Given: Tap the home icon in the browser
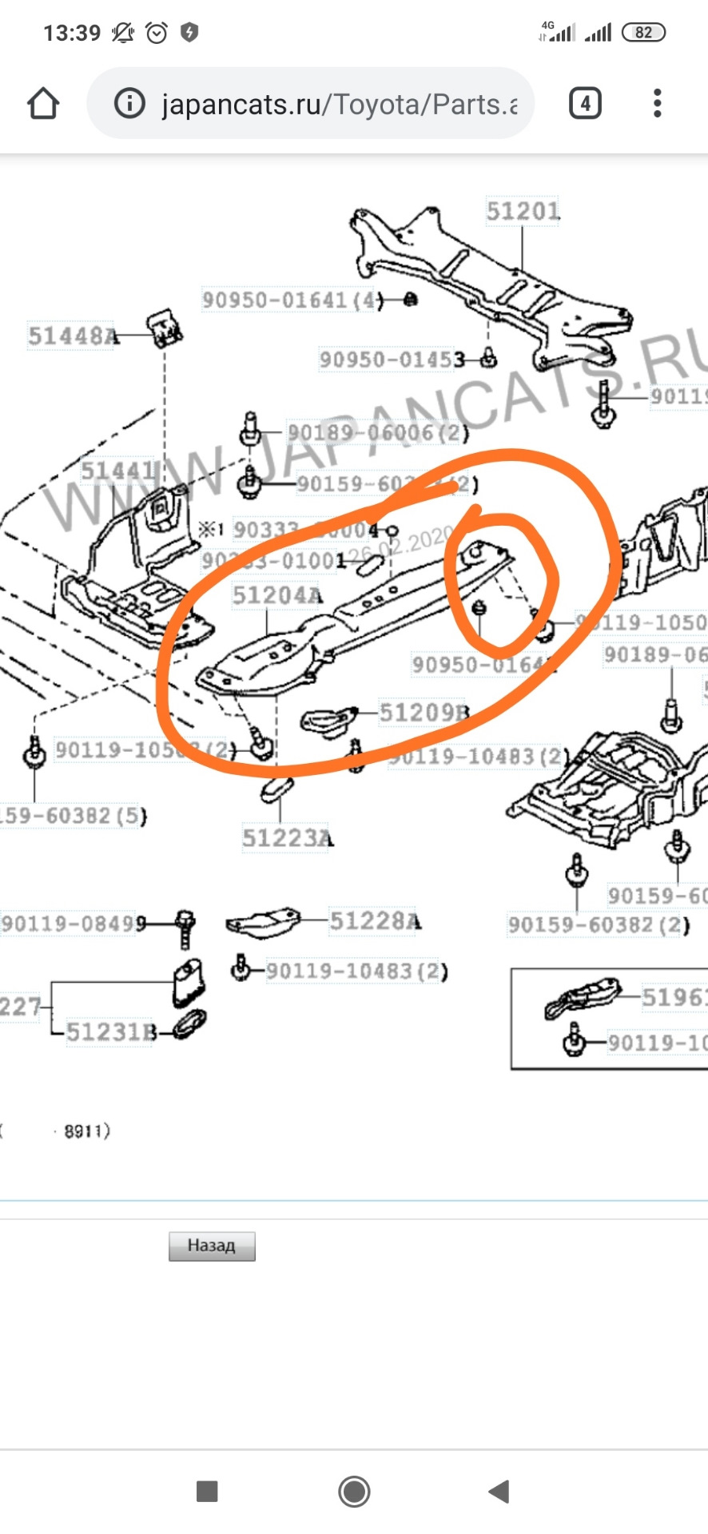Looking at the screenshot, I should [43, 104].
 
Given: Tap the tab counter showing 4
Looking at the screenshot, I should [585, 104].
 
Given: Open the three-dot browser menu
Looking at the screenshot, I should [657, 104].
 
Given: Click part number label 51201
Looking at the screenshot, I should [523, 211].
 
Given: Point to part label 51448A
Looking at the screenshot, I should [73, 336].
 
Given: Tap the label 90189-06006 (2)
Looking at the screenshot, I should [377, 433].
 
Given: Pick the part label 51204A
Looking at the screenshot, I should [277, 596].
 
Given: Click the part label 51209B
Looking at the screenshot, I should [424, 713].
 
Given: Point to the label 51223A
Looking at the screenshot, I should [287, 838].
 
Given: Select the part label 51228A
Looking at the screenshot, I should [375, 921].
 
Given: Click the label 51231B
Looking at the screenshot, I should [111, 1032].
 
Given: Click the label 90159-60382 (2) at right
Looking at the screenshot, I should [598, 925].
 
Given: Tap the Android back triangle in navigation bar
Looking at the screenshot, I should [499, 1491].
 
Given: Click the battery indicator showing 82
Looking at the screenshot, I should [643, 33].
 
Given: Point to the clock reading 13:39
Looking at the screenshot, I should [71, 34].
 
